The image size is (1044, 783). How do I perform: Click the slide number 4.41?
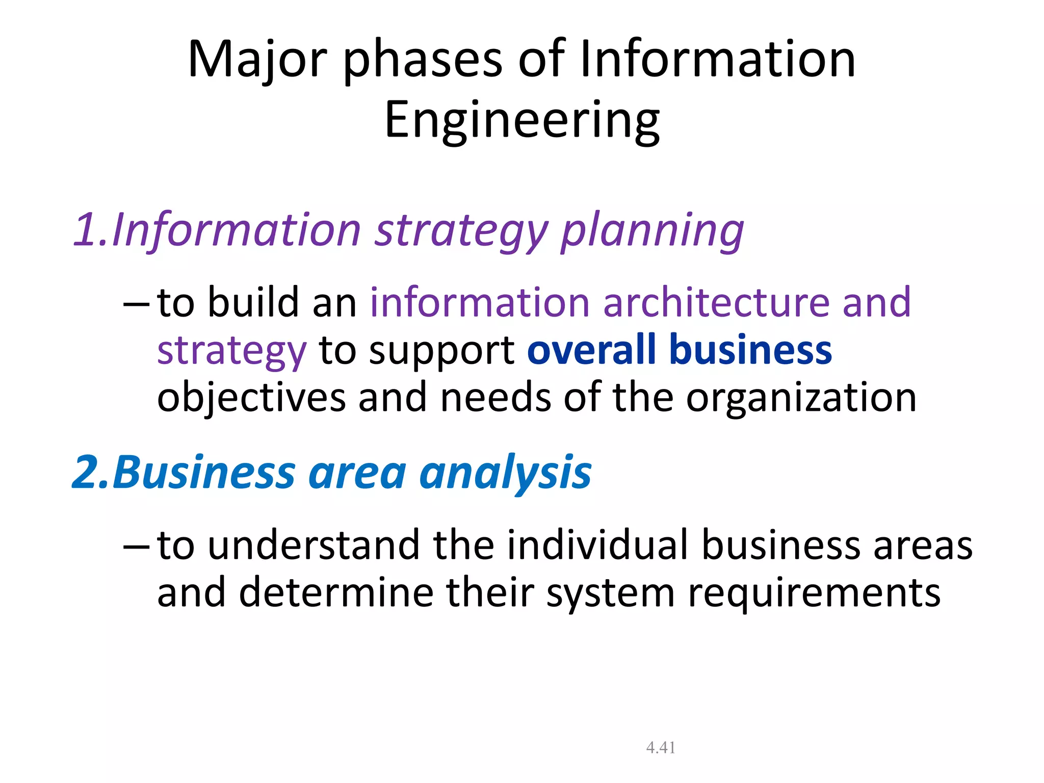(x=661, y=747)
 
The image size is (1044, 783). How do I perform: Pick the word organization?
(x=801, y=398)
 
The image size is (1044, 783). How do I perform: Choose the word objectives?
(x=252, y=398)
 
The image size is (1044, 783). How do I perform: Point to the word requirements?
(x=814, y=594)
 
